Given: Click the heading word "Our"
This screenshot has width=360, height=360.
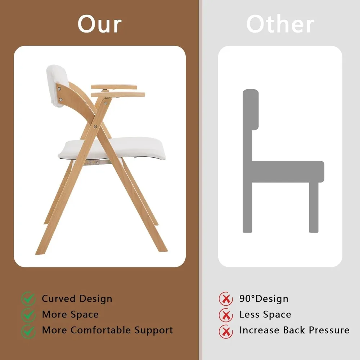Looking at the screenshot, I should pos(100,24).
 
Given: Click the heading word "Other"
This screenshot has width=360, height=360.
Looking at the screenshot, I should pos(280,24).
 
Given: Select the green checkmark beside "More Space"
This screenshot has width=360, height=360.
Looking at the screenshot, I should pos(28,315).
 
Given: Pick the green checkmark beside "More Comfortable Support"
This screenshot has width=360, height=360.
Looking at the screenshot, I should pos(28,331).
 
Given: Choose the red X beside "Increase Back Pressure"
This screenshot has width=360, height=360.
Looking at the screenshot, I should pos(226,331).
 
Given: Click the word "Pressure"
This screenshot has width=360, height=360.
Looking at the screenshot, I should pos(329,330).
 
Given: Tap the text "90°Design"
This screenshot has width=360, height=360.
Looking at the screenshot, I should pos(264,299).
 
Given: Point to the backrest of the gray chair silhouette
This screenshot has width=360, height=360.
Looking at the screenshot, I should pos(251,110).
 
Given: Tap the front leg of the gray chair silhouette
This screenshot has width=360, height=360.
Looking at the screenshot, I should pos(314,207).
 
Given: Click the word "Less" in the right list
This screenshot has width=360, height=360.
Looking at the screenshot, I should pos(249,315).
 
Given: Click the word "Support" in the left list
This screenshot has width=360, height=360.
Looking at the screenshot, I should pos(154,330).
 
